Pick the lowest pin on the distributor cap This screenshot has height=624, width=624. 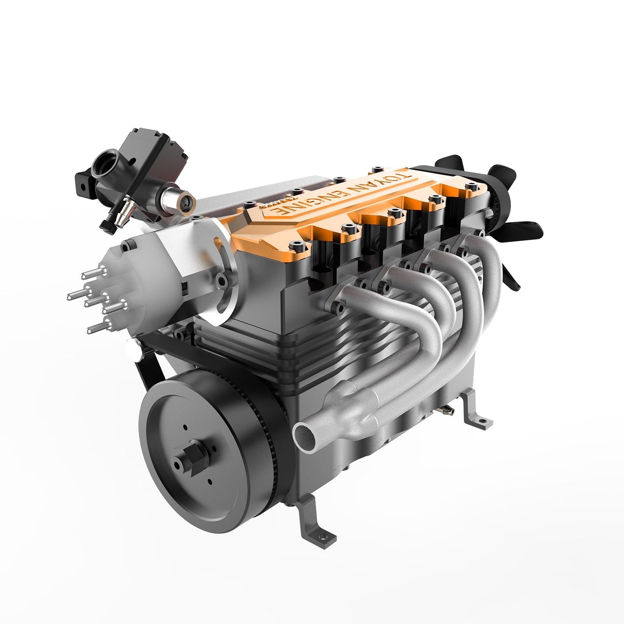tap(95, 330)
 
